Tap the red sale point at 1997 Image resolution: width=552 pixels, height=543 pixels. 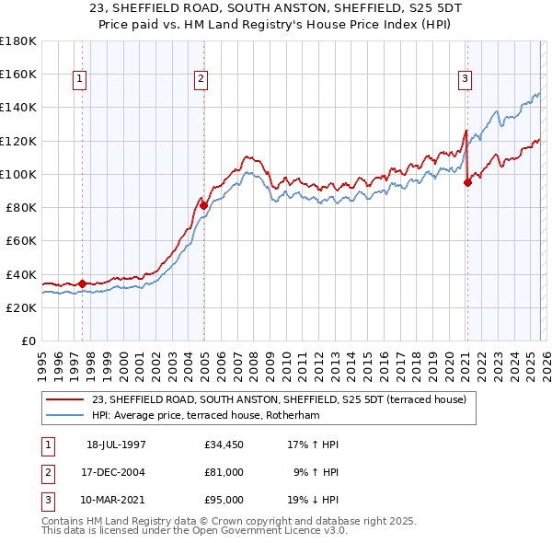point(83,283)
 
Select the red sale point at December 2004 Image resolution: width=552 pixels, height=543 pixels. point(203,205)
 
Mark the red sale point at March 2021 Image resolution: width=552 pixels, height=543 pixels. point(467,182)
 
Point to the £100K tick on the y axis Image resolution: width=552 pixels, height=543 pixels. point(18,174)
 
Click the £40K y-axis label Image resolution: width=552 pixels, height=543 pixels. point(20,274)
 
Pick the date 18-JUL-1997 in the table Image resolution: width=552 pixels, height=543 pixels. point(116,445)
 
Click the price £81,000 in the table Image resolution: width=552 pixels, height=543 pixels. point(224,472)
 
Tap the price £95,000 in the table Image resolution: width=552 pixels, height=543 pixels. point(224,500)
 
